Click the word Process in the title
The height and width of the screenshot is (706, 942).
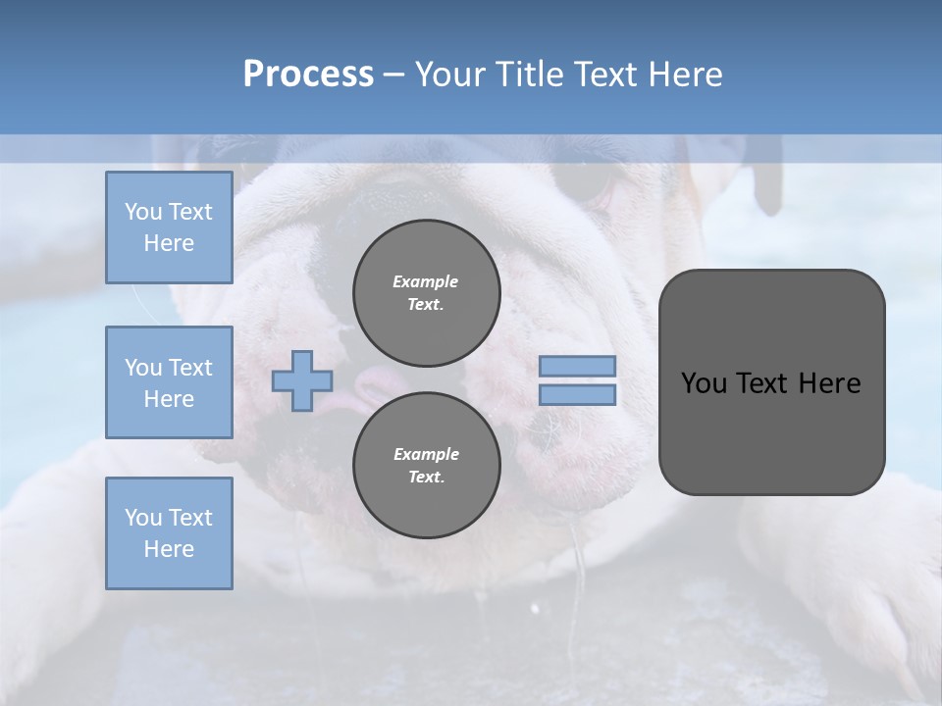(308, 75)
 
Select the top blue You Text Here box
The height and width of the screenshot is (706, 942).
(169, 227)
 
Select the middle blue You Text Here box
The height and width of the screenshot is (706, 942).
(169, 382)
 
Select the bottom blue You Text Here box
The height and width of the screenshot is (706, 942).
(169, 533)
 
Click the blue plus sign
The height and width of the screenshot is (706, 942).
(302, 381)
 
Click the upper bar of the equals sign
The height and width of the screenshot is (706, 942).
(577, 367)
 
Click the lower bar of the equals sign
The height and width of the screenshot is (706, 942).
(577, 395)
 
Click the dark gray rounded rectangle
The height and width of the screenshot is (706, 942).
(771, 431)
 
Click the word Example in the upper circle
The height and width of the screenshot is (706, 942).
(426, 281)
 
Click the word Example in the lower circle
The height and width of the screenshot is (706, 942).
(426, 454)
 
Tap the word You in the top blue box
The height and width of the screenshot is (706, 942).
(142, 212)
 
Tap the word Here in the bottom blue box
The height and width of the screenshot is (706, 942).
(169, 549)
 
